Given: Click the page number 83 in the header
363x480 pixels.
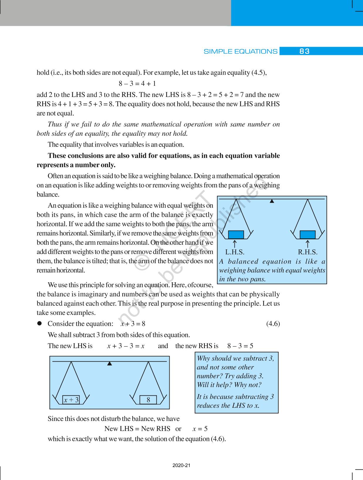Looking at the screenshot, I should [x=304, y=51].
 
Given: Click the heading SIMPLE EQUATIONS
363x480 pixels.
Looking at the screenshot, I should [x=240, y=52].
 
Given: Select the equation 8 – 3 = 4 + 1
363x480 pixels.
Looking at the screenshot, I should [x=137, y=84].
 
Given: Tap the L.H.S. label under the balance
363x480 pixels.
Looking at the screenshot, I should [x=235, y=252].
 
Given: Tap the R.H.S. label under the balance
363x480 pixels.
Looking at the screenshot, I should [x=308, y=252].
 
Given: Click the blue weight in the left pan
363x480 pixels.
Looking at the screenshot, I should [x=236, y=234].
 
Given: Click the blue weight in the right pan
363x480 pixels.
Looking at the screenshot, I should [x=308, y=234].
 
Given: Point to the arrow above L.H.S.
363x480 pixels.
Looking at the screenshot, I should [x=235, y=244].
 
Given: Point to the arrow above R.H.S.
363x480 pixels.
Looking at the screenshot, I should [x=308, y=244].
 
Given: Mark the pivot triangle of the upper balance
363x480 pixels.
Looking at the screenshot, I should [x=272, y=201].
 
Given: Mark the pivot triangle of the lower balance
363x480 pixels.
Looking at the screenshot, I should [x=109, y=364].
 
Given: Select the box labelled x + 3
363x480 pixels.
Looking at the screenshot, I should [x=71, y=400].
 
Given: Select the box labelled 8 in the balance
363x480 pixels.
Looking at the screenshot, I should [x=148, y=400].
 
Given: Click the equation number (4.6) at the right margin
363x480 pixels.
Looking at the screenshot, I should [x=273, y=324].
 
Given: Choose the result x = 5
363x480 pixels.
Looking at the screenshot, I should [x=200, y=429].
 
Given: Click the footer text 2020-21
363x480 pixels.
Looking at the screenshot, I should [x=181, y=465].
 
